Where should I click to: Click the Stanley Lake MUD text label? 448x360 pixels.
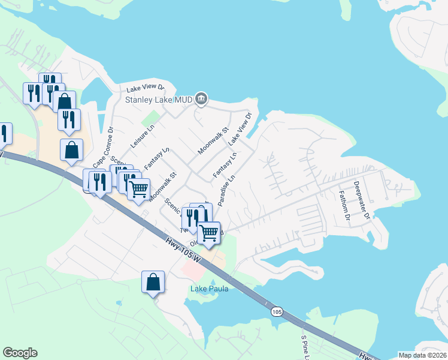click(158, 100)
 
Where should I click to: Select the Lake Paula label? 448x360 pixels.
click(210, 289)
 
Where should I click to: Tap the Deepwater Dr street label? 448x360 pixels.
click(362, 200)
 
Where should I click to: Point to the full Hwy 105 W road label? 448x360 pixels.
click(184, 253)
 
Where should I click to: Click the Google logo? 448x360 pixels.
click(20, 353)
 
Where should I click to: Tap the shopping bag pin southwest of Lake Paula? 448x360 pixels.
click(153, 281)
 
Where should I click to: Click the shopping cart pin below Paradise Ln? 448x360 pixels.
click(209, 232)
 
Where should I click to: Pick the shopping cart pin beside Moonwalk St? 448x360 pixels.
click(138, 189)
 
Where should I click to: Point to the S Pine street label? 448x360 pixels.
click(305, 344)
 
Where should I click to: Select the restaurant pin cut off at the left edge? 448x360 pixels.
click(4, 133)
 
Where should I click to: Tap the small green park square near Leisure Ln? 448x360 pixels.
click(154, 115)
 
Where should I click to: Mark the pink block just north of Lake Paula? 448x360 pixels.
click(193, 270)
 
